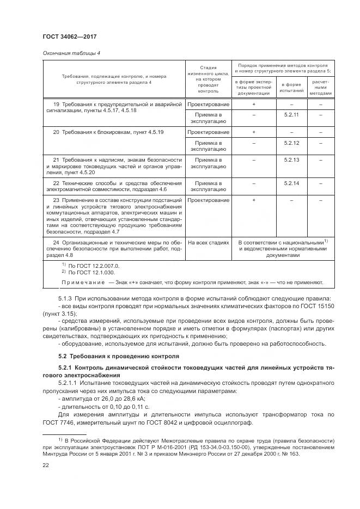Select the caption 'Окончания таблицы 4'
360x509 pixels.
[64, 53]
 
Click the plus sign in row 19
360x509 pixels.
[254, 103]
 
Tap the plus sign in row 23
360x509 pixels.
[254, 200]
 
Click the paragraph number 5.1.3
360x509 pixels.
[67, 298]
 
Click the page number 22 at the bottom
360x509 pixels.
[46, 464]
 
